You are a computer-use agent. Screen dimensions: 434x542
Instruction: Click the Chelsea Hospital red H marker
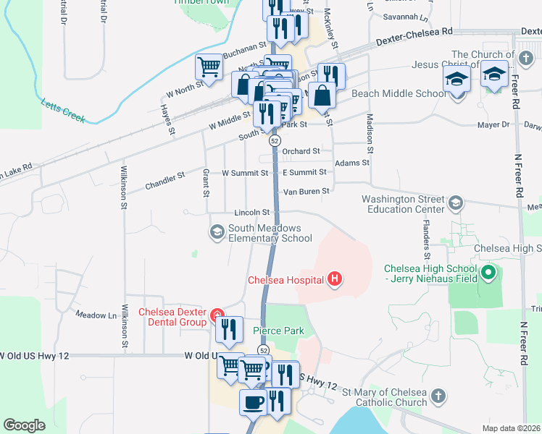[x=334, y=278]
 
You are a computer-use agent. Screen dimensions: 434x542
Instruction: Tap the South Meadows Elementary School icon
[x=216, y=232]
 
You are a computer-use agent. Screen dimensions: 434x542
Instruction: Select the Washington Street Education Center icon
[x=455, y=202]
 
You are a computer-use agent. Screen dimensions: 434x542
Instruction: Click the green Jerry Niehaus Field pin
[x=489, y=273]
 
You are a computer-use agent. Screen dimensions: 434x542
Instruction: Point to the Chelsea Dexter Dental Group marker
[x=215, y=315]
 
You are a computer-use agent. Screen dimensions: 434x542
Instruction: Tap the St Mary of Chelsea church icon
[x=437, y=396]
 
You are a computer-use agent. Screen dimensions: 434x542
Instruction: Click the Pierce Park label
[x=278, y=331]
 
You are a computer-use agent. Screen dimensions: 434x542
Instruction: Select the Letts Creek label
[x=64, y=111]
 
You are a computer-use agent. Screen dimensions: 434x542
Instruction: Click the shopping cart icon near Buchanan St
[x=209, y=67]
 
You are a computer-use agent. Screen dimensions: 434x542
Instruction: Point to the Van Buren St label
[x=306, y=191]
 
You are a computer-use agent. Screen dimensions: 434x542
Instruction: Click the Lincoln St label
[x=251, y=213]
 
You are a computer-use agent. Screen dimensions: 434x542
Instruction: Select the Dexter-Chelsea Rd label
[x=414, y=37]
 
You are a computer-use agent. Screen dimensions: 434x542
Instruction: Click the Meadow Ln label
[x=96, y=315]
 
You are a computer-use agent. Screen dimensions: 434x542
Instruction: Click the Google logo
[x=24, y=425]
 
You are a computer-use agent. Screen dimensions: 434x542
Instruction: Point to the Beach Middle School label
[x=399, y=94]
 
